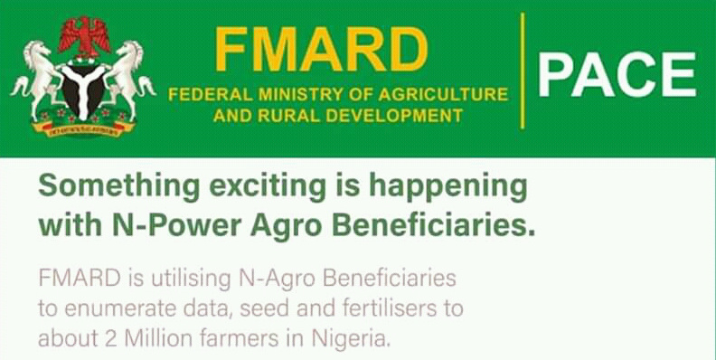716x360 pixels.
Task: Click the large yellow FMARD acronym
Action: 322,51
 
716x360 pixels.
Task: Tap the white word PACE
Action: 617,75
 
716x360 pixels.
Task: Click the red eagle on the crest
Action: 84,36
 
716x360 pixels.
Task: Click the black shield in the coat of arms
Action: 83,91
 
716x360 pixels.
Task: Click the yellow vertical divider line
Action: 523,71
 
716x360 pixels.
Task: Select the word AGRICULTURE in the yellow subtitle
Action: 443,95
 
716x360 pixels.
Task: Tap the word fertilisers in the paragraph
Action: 391,308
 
